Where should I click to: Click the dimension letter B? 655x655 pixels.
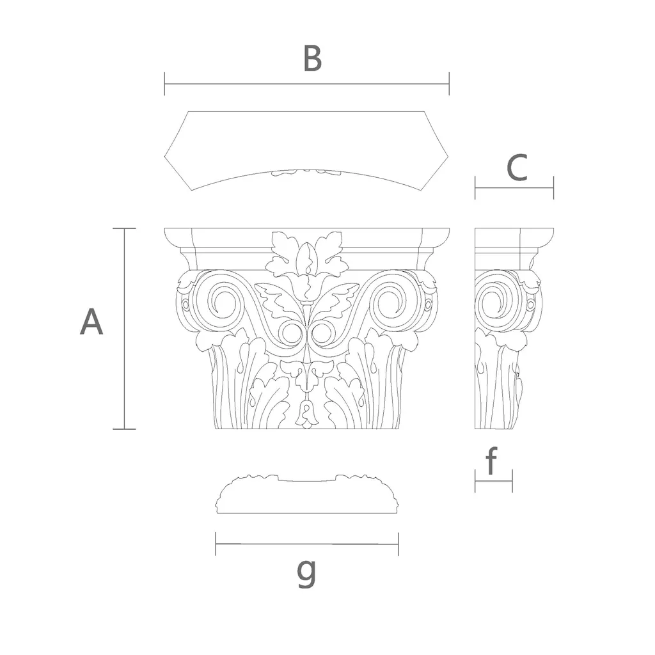point(312,58)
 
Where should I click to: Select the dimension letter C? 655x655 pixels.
point(517,168)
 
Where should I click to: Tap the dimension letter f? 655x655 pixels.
point(492,461)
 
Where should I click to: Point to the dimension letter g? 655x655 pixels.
point(306,573)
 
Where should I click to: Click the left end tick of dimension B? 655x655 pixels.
point(164,84)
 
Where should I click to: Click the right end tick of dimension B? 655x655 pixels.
point(449,84)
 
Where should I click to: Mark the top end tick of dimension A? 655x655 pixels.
point(125,228)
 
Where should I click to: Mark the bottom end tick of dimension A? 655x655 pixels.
point(125,429)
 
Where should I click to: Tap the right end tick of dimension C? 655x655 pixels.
point(553,187)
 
